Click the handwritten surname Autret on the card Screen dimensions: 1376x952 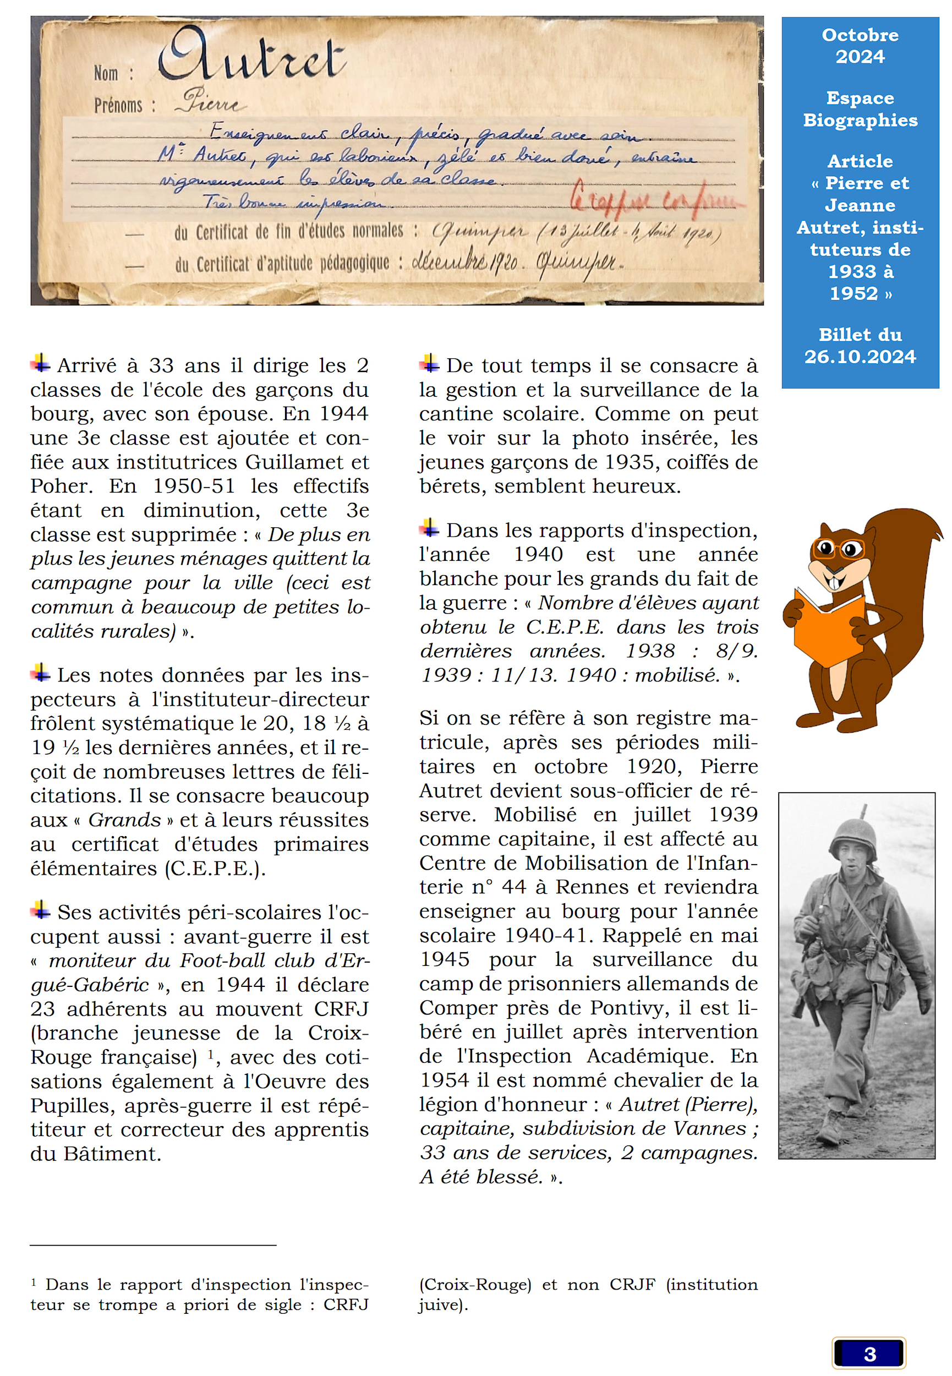[250, 56]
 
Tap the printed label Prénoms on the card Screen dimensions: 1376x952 [118, 106]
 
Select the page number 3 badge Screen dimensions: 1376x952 [868, 1353]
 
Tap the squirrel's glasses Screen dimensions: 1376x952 [838, 547]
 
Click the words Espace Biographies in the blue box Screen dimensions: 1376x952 [860, 109]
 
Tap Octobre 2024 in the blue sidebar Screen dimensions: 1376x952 [860, 45]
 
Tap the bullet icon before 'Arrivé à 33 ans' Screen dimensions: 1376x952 [41, 362]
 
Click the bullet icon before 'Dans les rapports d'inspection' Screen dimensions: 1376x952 [429, 527]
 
